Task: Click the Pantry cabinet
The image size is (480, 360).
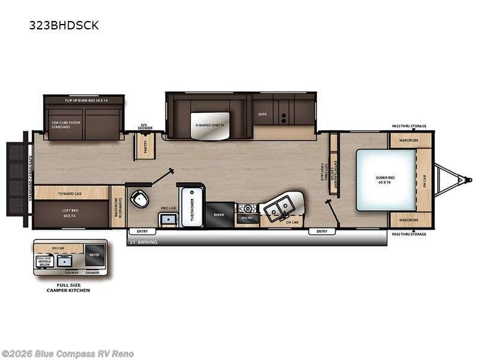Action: coord(145,146)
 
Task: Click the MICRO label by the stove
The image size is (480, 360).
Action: coord(247,219)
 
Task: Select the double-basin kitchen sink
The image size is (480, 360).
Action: coord(278,210)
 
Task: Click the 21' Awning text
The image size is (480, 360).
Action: coord(142,242)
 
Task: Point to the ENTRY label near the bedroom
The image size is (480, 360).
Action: coord(322,232)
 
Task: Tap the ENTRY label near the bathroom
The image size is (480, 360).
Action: coord(142,232)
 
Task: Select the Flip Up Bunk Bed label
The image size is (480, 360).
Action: coord(84,100)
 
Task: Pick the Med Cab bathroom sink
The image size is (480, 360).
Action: coord(168,220)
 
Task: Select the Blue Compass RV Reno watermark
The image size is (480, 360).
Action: coord(67,354)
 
